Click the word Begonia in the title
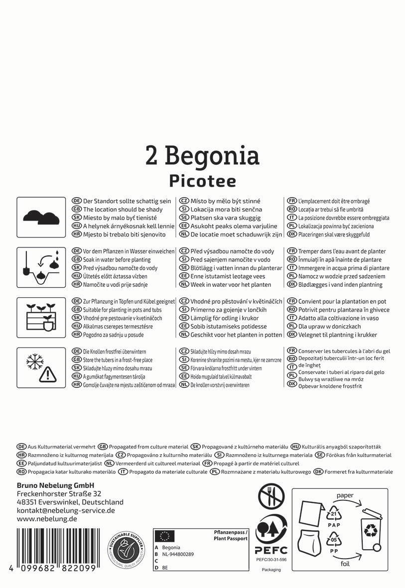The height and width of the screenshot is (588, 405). pos(212,156)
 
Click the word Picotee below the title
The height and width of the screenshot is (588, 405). pos(202,180)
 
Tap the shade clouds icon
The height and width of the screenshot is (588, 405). pos(41,217)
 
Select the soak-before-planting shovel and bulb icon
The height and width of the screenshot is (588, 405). pos(41,267)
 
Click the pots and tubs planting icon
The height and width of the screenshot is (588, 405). pos(41,318)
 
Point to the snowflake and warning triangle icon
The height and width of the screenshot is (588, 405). pos(41,367)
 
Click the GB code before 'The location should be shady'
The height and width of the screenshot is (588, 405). pos(77,210)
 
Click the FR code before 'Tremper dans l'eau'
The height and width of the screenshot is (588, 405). pos(292,251)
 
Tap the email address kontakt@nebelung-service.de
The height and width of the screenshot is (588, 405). pos(66,510)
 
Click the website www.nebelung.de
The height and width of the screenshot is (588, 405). pos(47,519)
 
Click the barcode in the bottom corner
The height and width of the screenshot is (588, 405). pos(56,547)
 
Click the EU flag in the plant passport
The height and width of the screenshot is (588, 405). pos(165,536)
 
